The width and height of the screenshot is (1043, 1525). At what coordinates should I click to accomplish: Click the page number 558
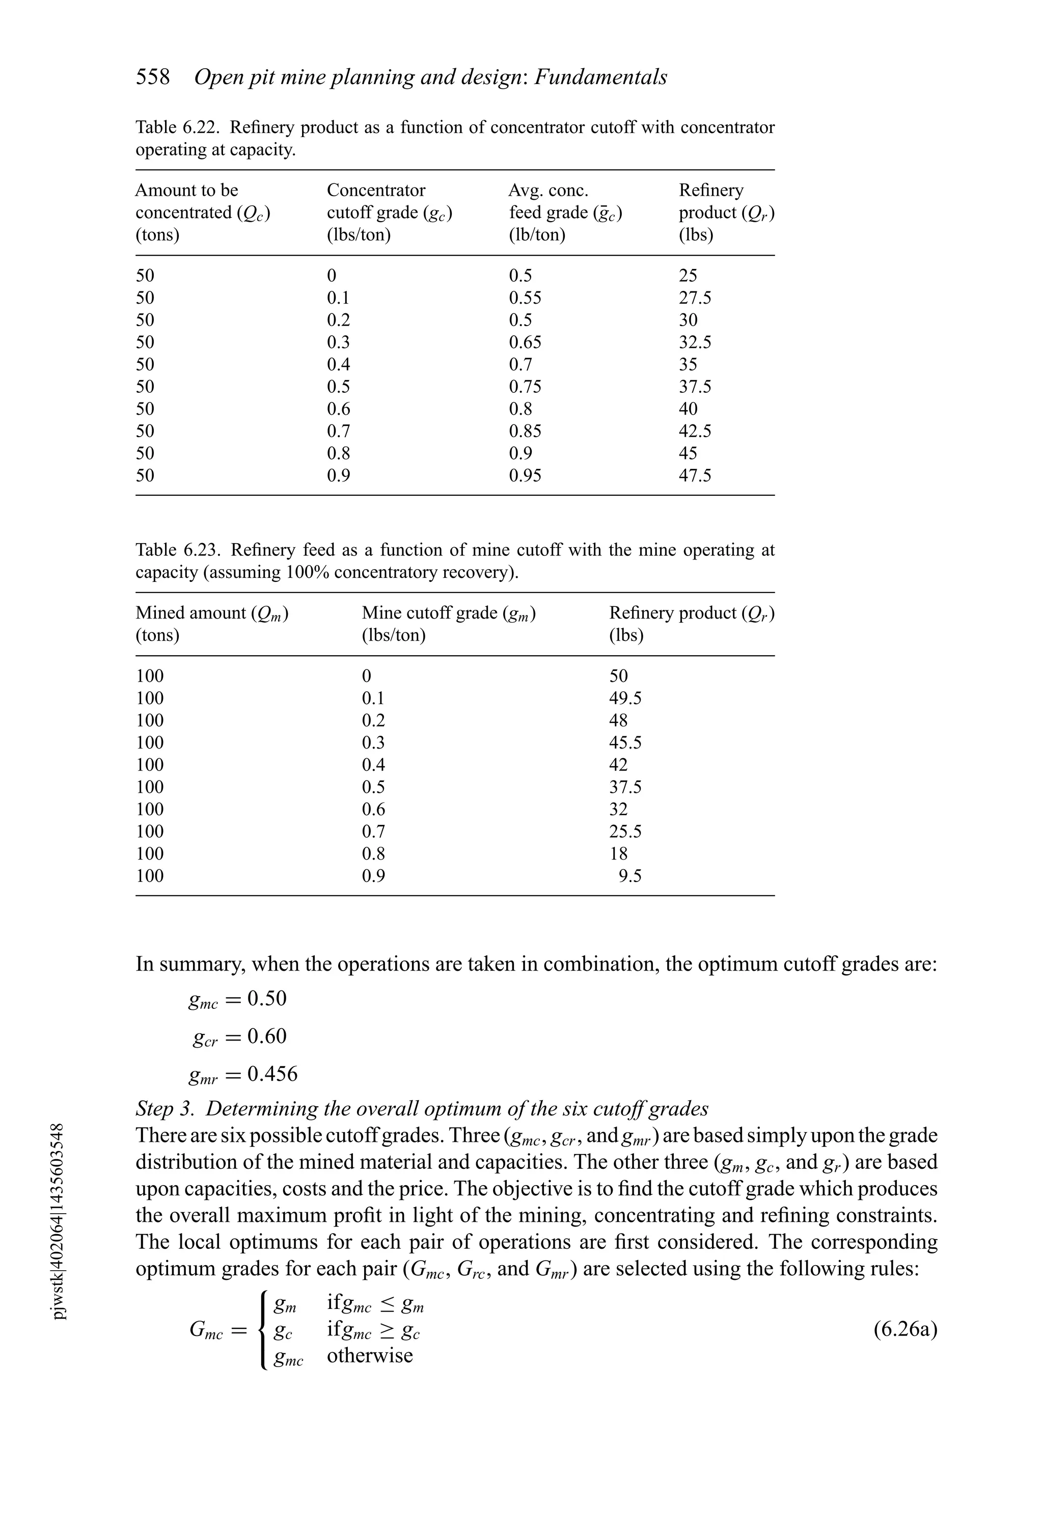[x=152, y=77]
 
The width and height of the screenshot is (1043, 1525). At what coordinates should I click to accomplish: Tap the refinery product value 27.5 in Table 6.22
[x=695, y=298]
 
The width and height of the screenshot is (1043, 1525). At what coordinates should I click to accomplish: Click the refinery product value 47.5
[x=695, y=475]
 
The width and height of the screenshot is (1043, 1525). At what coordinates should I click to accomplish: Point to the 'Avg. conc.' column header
[x=548, y=190]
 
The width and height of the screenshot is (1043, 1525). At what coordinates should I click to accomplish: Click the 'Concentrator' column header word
[x=376, y=190]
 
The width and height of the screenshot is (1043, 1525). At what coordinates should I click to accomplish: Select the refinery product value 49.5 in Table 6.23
[x=625, y=698]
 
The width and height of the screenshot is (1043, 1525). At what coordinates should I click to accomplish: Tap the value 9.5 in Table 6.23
[x=630, y=875]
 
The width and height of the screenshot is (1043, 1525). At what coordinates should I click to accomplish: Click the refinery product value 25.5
[x=625, y=832]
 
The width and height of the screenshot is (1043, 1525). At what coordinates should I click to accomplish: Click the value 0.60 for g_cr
[x=267, y=1036]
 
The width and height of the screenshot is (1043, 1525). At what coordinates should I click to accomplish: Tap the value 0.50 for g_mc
[x=267, y=998]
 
